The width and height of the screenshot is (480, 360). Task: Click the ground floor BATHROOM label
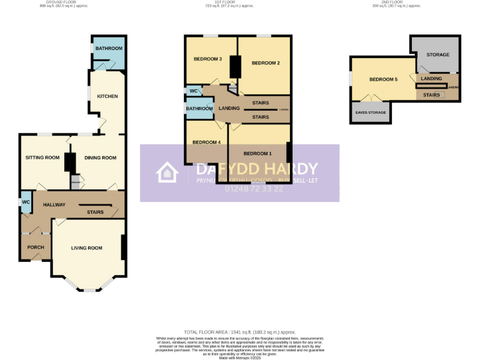[x=109, y=48]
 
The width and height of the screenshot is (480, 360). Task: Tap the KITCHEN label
[x=107, y=96]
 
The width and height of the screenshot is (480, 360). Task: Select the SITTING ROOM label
[x=42, y=157]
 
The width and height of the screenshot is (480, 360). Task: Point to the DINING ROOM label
[x=101, y=157]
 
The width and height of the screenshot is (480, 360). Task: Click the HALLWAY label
[x=54, y=205]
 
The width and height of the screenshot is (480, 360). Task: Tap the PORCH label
[x=35, y=247]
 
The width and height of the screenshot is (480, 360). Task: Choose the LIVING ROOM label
[x=86, y=248]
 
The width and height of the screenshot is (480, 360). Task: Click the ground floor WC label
[x=26, y=202]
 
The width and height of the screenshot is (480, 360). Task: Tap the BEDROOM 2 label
[x=265, y=63]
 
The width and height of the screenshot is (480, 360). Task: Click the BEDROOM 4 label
[x=206, y=142]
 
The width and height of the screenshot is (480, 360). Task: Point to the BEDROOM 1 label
[x=257, y=153]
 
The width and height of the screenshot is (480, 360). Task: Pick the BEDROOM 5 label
[x=383, y=79]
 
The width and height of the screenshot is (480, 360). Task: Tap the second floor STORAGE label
[x=437, y=55]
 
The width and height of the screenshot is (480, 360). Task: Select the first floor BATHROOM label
[x=199, y=109]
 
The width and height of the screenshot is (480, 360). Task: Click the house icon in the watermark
[x=167, y=173]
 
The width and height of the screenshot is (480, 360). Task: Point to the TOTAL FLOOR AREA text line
[x=239, y=332]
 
